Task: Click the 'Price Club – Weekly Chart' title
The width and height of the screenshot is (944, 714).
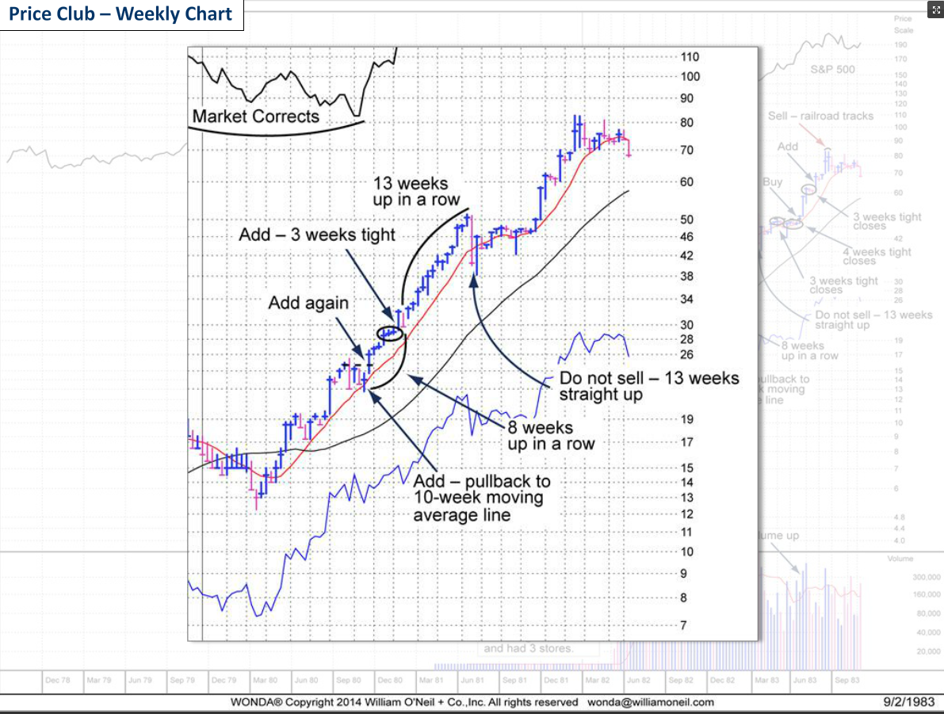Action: (121, 14)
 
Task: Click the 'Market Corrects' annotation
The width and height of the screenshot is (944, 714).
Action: (255, 116)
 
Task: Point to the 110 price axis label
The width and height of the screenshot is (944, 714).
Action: (690, 57)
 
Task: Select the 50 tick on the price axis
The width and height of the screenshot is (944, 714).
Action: (686, 220)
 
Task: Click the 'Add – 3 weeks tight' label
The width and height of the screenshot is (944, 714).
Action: (317, 235)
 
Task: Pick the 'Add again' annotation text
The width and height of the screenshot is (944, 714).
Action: (308, 303)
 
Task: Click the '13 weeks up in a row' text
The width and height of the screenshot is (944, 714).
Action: (416, 192)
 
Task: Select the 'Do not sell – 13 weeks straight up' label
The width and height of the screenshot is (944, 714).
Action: (648, 386)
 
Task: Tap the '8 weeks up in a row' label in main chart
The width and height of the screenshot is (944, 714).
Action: (551, 436)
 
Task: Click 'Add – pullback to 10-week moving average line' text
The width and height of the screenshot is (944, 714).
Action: (481, 498)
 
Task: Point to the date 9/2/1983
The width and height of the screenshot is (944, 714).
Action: (909, 701)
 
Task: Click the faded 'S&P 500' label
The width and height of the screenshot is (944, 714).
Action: (833, 70)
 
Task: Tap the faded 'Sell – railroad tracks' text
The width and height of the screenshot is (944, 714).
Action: (820, 116)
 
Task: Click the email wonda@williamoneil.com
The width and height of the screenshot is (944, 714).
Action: (650, 702)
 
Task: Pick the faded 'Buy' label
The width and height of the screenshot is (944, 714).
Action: (772, 181)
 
